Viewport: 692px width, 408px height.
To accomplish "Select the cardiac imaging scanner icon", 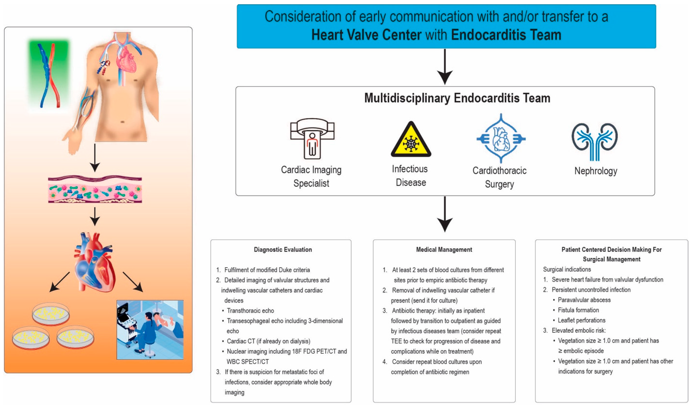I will (312, 139).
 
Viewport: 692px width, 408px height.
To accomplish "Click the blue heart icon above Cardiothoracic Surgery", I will (501, 139).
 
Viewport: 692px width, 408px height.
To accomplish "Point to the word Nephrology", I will (596, 171).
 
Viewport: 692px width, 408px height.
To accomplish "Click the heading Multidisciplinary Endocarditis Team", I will (457, 98).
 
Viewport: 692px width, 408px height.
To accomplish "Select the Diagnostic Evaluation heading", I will (283, 250).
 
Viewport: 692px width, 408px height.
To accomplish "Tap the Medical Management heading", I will (444, 250).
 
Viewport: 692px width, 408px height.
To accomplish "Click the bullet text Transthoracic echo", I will (250, 311).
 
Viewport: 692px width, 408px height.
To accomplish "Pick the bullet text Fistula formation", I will (578, 310).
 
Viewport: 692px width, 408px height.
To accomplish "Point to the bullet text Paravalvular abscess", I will (584, 300).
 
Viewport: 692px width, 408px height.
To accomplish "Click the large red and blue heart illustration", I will (95, 263).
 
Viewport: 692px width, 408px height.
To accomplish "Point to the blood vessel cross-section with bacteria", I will (95, 190).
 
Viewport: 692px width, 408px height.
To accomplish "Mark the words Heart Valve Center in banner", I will (366, 35).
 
